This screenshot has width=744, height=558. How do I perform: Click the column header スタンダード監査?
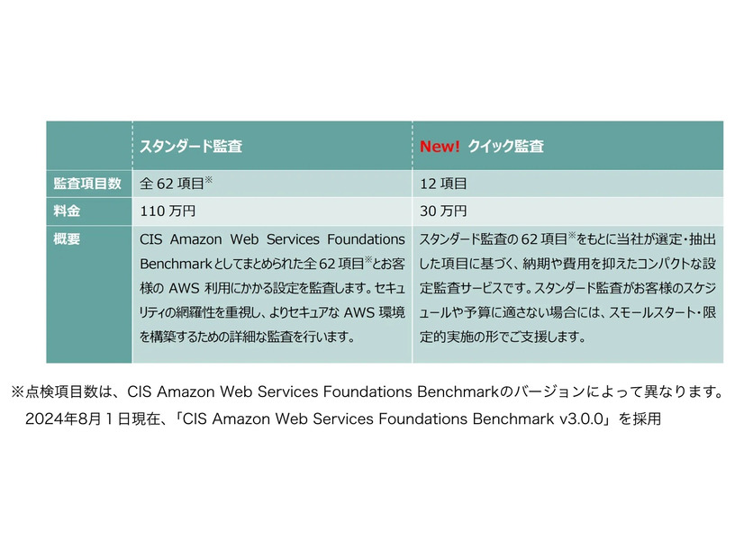pos(190,146)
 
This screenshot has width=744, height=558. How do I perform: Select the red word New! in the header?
pos(440,146)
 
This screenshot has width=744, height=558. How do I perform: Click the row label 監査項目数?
pos(87,184)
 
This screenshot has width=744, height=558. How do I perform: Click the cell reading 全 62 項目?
pos(176,184)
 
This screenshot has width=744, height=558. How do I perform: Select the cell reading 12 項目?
pos(443,184)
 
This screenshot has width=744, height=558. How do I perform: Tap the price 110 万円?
pos(168,211)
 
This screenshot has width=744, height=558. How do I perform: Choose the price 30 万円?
pos(443,211)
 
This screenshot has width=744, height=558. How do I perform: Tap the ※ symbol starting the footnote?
pos(18,392)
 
